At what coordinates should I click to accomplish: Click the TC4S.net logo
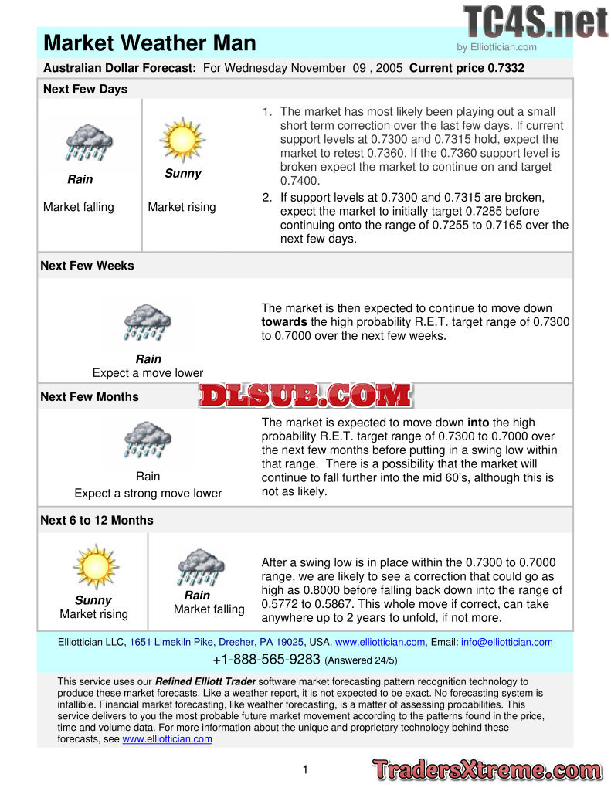pyautogui.click(x=535, y=22)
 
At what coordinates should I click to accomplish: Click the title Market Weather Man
pyautogui.click(x=150, y=42)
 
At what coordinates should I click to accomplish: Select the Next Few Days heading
pyautogui.click(x=85, y=89)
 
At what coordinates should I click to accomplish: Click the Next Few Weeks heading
pyautogui.click(x=87, y=266)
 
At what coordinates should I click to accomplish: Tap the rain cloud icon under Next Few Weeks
pyautogui.click(x=148, y=322)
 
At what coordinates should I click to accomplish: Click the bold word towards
pyautogui.click(x=284, y=321)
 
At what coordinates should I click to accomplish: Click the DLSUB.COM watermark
pyautogui.click(x=306, y=395)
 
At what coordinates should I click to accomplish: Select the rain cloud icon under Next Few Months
pyautogui.click(x=148, y=442)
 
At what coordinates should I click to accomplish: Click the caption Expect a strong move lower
pyautogui.click(x=148, y=493)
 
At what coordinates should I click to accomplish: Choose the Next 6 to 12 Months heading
pyautogui.click(x=97, y=520)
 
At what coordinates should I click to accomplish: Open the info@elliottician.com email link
pyautogui.click(x=507, y=642)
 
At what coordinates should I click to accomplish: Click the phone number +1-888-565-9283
pyautogui.click(x=266, y=660)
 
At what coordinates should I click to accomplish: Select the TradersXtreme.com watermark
pyautogui.click(x=487, y=769)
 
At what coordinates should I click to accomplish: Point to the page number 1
pyautogui.click(x=305, y=769)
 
